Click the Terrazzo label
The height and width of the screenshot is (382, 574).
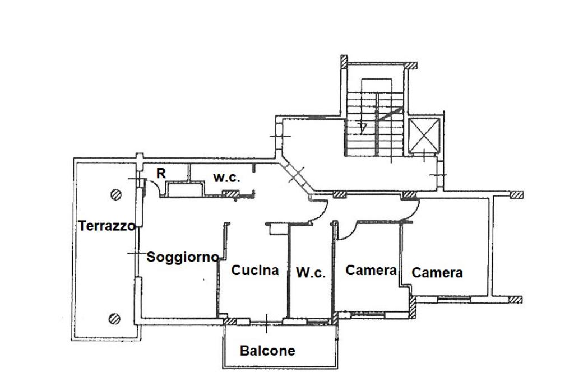pos(107,226)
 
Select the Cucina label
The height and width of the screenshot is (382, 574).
pos(255,270)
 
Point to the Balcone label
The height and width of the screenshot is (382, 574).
pos(267,351)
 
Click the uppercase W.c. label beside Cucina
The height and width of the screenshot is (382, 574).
pos(311,273)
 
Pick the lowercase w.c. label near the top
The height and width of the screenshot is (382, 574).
pos(226,178)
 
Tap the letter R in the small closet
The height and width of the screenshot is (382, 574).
pos(161,173)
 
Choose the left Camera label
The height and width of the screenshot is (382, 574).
pos(371,270)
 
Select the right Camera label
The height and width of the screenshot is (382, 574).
pos(437,273)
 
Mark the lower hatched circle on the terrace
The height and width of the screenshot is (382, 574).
pos(115,319)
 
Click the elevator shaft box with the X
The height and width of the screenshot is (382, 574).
pos(424,136)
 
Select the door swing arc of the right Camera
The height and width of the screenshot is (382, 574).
pos(412,212)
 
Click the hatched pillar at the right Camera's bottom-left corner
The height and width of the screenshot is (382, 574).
pos(413,305)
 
